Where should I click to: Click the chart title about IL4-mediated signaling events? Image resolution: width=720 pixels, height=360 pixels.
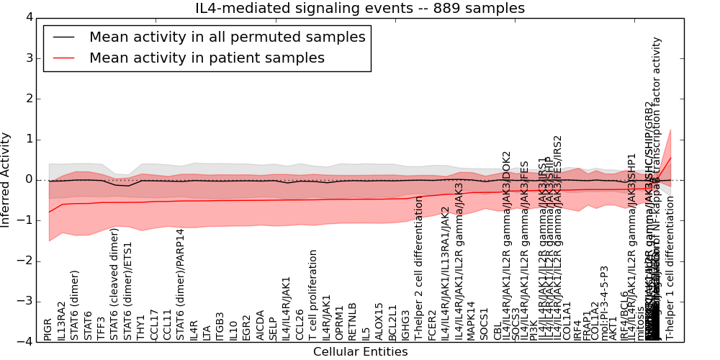coord(360,9)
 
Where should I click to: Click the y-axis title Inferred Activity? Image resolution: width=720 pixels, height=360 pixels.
coord(6,180)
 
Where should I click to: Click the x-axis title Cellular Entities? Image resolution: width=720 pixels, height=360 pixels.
coord(360,351)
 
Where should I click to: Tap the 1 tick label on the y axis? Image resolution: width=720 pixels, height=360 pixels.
coord(28,140)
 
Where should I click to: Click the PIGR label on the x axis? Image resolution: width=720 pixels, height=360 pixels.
coord(48,329)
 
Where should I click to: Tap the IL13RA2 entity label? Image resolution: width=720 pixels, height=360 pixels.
coord(62,321)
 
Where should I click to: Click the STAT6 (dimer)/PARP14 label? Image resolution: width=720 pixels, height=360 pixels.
coord(180,284)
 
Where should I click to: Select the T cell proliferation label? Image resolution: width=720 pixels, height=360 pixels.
coord(313,295)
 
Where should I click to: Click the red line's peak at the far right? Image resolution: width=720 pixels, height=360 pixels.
coord(670,158)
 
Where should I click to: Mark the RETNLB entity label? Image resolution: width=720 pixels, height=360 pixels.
coord(353,322)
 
